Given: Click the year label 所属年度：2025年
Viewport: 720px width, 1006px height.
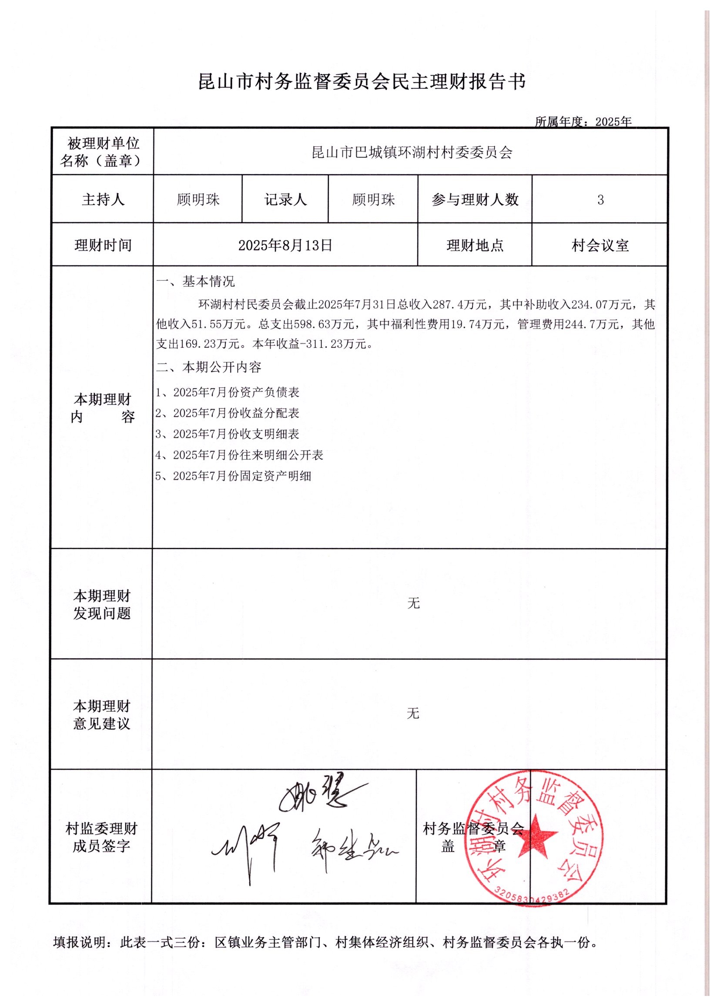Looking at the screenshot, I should [583, 121].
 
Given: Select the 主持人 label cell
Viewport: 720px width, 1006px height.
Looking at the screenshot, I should [103, 200].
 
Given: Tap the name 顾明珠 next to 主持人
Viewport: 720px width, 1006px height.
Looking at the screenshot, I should [198, 200].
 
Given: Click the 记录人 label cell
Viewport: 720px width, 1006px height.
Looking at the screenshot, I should [285, 200].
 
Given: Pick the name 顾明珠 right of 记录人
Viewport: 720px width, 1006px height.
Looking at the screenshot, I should [373, 200].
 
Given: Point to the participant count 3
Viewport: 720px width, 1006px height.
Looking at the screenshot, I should [600, 200].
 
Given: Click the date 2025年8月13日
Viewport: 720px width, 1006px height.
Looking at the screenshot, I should [285, 245].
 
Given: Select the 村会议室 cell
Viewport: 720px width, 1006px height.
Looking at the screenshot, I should [600, 245].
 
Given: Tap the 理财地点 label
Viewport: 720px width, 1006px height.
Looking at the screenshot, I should [474, 245].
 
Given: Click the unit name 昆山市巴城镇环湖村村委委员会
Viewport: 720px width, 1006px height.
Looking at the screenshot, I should [412, 153].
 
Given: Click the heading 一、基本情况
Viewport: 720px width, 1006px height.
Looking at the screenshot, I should [195, 281].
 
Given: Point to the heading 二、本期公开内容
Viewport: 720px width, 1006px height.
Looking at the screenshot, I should [208, 367].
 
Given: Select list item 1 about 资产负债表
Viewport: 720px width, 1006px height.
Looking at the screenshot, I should [228, 392].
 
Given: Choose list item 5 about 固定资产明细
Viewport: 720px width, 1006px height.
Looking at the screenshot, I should [233, 476].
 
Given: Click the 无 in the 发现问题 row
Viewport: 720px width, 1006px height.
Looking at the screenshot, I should [413, 603].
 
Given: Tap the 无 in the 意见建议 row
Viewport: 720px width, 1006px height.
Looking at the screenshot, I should [413, 713].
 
